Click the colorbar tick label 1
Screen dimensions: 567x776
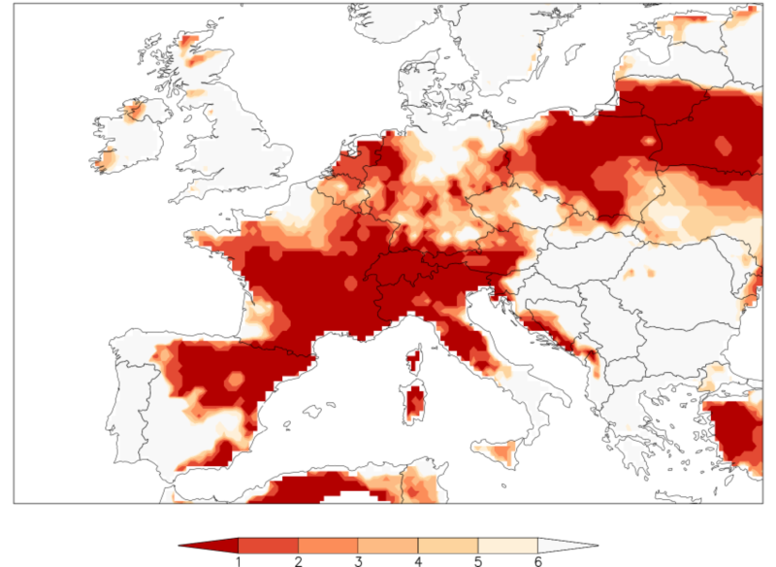(x=239, y=560)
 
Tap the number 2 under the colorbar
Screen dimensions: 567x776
(x=299, y=560)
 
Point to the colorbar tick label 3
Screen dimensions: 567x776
(x=358, y=560)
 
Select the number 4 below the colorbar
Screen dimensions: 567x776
(x=418, y=560)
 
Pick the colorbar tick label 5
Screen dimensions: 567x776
(x=478, y=560)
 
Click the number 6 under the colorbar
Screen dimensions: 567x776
(x=537, y=560)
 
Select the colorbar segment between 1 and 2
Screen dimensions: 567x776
(x=269, y=545)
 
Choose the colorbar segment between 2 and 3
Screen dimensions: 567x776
(x=329, y=545)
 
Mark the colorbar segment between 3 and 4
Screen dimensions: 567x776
(x=388, y=545)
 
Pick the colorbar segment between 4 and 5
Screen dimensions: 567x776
(x=448, y=545)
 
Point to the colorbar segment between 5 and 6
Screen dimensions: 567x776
(x=508, y=545)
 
